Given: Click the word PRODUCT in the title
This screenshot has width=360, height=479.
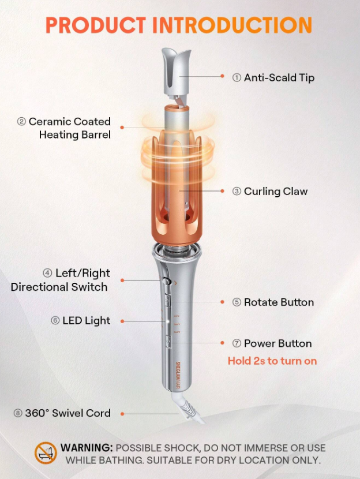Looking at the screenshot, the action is (x=96, y=25).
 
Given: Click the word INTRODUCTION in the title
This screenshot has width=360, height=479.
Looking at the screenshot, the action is (x=232, y=25).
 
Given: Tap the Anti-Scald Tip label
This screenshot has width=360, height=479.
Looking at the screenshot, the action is (x=273, y=77).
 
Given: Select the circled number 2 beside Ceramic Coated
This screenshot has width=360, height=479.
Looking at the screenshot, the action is (x=21, y=122).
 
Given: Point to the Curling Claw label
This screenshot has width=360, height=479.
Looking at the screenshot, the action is (x=270, y=192).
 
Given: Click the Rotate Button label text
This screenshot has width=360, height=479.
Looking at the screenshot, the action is (x=273, y=302).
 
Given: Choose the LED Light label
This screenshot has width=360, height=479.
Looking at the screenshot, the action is (x=81, y=321).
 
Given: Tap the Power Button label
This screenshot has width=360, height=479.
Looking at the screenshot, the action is (x=272, y=343).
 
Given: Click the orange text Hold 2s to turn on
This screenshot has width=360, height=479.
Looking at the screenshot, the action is (x=272, y=361).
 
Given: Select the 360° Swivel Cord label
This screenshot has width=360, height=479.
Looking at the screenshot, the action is (x=62, y=413).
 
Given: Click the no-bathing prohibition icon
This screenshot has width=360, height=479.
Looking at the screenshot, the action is (x=46, y=453).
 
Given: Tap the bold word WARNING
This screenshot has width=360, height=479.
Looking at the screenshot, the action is (x=87, y=448).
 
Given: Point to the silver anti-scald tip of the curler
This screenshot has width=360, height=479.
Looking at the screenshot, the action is (x=176, y=71).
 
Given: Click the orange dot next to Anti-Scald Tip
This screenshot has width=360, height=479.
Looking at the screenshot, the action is (x=223, y=76).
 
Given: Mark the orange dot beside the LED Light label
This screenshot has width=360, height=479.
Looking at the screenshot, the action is (x=122, y=321).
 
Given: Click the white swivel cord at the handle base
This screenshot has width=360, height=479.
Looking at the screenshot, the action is (x=189, y=408).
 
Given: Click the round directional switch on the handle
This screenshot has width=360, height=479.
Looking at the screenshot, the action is (x=166, y=281).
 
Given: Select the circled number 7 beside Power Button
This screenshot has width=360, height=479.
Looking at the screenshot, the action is (x=237, y=343).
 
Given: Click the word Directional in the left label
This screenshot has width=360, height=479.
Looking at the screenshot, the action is (x=39, y=287).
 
